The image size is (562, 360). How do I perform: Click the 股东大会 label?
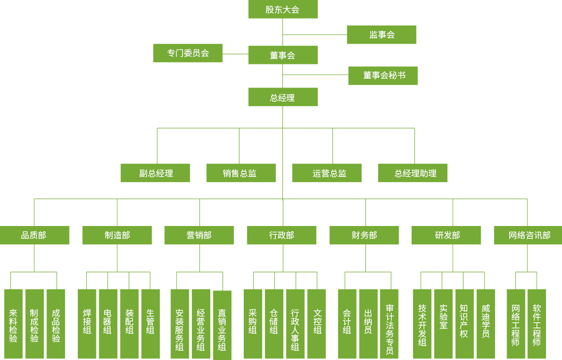(x=282, y=10)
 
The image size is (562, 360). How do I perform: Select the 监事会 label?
(x=382, y=35)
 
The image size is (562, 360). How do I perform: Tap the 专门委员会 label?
(x=188, y=53)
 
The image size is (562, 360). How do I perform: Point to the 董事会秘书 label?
(x=384, y=75)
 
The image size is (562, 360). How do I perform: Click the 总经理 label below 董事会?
(x=282, y=98)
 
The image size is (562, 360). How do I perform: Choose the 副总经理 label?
(x=156, y=174)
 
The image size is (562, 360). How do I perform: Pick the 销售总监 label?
(x=239, y=174)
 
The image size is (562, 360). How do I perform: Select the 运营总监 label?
(x=329, y=174)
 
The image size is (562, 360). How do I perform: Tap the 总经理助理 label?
(x=415, y=174)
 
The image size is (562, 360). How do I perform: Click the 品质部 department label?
(x=33, y=235)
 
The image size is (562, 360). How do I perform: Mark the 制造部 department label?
(x=117, y=235)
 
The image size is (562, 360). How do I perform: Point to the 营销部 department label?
(x=199, y=235)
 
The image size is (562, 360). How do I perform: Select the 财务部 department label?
(x=364, y=235)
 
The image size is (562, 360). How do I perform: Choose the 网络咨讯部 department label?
(x=530, y=235)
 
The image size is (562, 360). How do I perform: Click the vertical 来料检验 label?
(x=13, y=325)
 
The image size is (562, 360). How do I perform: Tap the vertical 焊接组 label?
(x=87, y=321)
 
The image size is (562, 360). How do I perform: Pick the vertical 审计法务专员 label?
(x=390, y=329)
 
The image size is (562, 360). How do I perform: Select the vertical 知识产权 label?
(x=464, y=321)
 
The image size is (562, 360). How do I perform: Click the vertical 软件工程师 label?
(x=537, y=325)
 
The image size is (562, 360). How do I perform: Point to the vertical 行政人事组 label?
(x=295, y=329)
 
